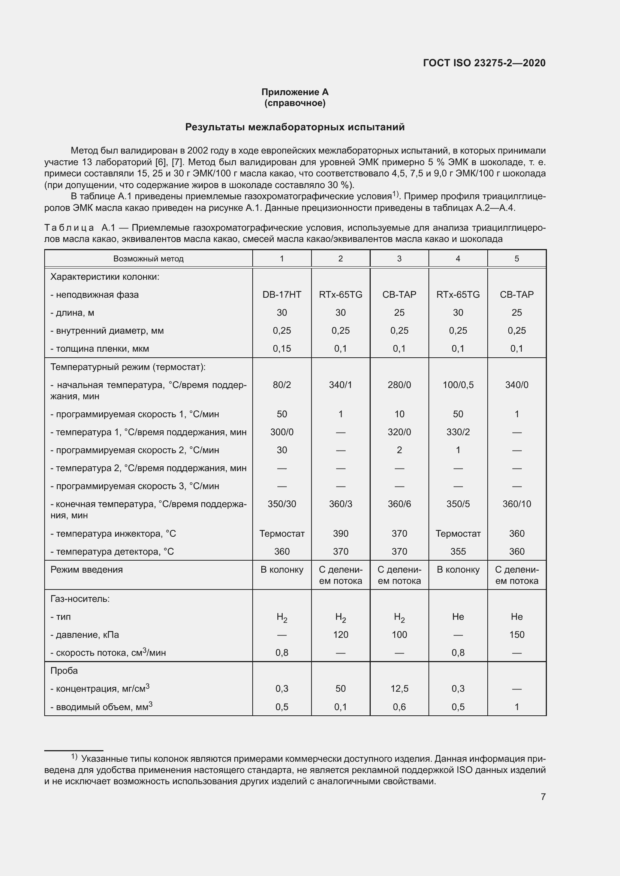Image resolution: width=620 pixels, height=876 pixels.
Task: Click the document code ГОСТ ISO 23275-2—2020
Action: click(x=484, y=63)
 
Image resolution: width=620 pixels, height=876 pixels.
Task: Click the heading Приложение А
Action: click(x=295, y=92)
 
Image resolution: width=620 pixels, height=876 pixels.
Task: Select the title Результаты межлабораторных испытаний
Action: click(x=295, y=127)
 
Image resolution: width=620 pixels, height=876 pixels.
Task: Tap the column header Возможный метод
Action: click(x=148, y=259)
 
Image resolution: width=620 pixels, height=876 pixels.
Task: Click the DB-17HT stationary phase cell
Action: click(x=282, y=294)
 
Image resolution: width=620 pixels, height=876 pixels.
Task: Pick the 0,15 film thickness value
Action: click(x=282, y=348)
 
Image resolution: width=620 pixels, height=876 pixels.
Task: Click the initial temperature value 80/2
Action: click(x=282, y=385)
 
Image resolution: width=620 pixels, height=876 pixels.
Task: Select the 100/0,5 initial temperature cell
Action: click(x=458, y=385)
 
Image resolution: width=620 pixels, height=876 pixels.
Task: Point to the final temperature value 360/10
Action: click(x=517, y=504)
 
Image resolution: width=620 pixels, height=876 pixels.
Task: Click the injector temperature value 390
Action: click(x=340, y=533)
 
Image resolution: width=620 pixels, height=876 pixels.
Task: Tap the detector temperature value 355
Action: click(x=458, y=551)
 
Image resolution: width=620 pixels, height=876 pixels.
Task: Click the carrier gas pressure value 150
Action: click(x=517, y=634)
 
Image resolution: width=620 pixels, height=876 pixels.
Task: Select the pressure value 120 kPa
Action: click(x=340, y=634)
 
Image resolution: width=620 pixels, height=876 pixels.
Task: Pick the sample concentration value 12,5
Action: click(x=399, y=689)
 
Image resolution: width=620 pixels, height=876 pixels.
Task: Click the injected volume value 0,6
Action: click(x=399, y=707)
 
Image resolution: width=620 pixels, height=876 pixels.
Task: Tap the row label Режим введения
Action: click(x=87, y=570)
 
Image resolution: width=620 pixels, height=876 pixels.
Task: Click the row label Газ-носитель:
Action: click(x=80, y=598)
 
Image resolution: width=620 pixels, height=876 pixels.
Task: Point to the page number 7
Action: click(x=543, y=797)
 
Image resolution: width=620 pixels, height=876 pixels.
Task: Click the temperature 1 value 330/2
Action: click(x=458, y=432)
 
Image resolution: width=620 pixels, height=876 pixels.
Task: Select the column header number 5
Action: click(x=517, y=259)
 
